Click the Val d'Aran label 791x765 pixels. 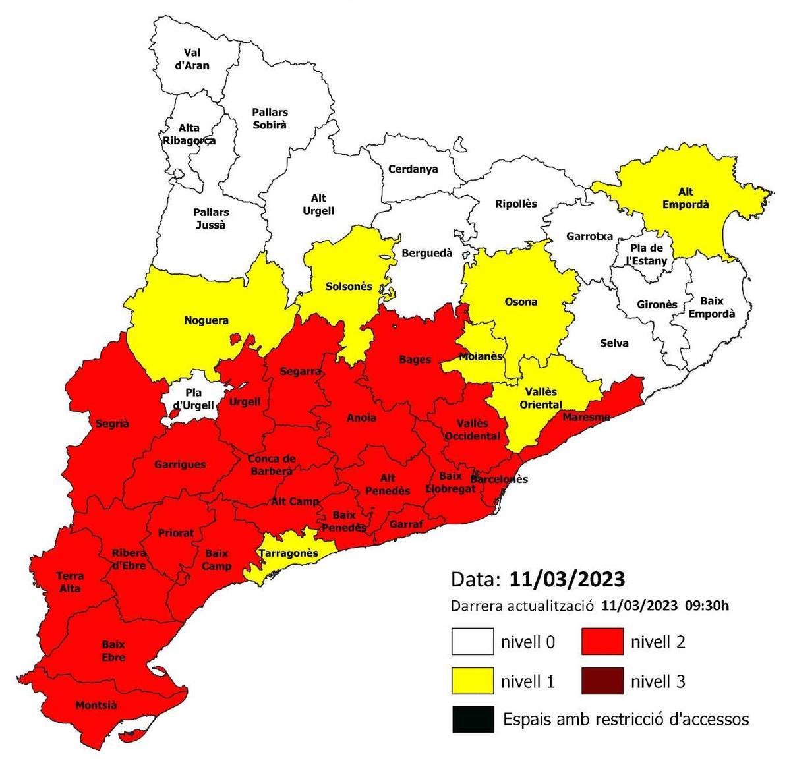[x=196, y=59]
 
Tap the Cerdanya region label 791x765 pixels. [x=413, y=169]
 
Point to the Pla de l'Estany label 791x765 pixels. [x=647, y=255]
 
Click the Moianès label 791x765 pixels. [x=481, y=356]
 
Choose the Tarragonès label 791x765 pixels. [x=289, y=553]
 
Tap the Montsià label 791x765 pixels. [x=96, y=706]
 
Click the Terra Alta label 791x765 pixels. [x=70, y=582]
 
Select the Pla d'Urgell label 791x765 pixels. [x=194, y=399]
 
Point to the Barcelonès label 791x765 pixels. [x=499, y=479]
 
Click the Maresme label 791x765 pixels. [x=586, y=417]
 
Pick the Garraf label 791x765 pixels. [x=406, y=524]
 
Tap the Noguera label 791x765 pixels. [x=206, y=321]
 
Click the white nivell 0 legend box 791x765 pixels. [x=472, y=641]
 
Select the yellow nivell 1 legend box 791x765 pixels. [x=472, y=681]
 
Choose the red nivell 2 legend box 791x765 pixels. [x=602, y=641]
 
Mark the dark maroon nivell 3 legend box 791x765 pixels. [x=602, y=681]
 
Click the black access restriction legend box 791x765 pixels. [x=472, y=720]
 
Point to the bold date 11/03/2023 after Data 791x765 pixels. [x=566, y=580]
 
